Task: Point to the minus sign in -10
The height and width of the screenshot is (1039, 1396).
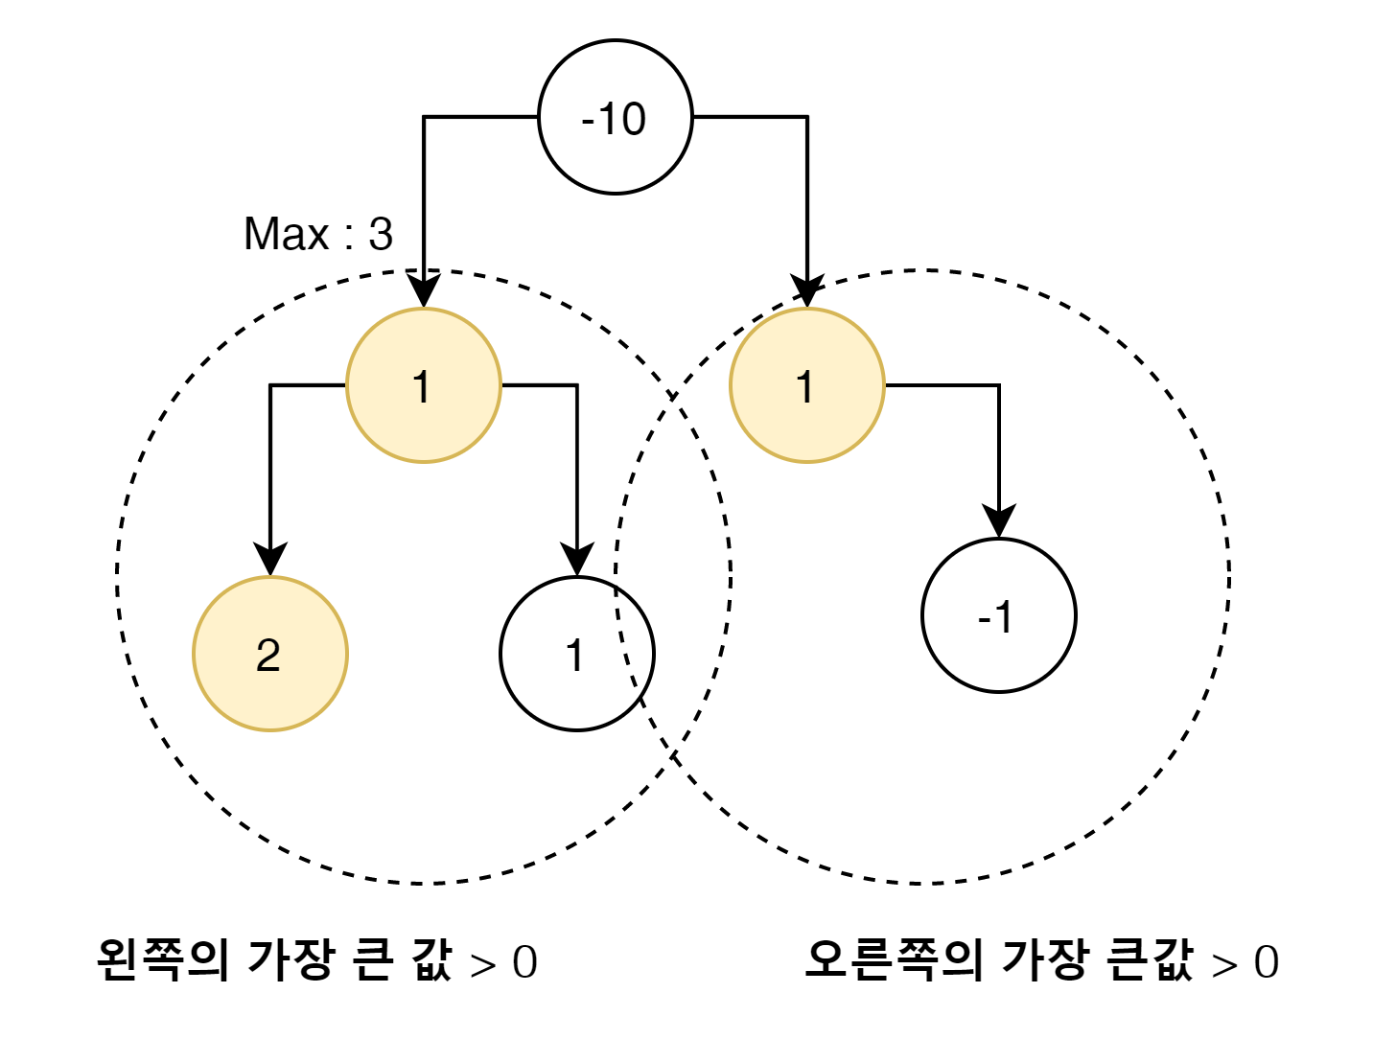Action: tap(588, 122)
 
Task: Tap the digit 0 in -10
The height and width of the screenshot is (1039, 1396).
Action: tap(633, 119)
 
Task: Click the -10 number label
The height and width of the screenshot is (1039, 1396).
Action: tap(614, 119)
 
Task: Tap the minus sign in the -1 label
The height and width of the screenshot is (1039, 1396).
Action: tap(984, 619)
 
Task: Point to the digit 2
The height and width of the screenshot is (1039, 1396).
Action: tap(268, 656)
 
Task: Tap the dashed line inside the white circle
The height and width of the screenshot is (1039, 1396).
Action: tap(623, 636)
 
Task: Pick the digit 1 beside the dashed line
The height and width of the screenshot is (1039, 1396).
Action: tap(575, 656)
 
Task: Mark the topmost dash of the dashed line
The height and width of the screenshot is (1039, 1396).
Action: tap(616, 591)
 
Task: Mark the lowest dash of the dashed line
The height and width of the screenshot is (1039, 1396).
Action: tap(634, 681)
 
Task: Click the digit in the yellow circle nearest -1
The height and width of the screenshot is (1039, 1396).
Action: tap(805, 387)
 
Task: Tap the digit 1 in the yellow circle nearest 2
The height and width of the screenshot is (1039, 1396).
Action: tap(422, 387)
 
